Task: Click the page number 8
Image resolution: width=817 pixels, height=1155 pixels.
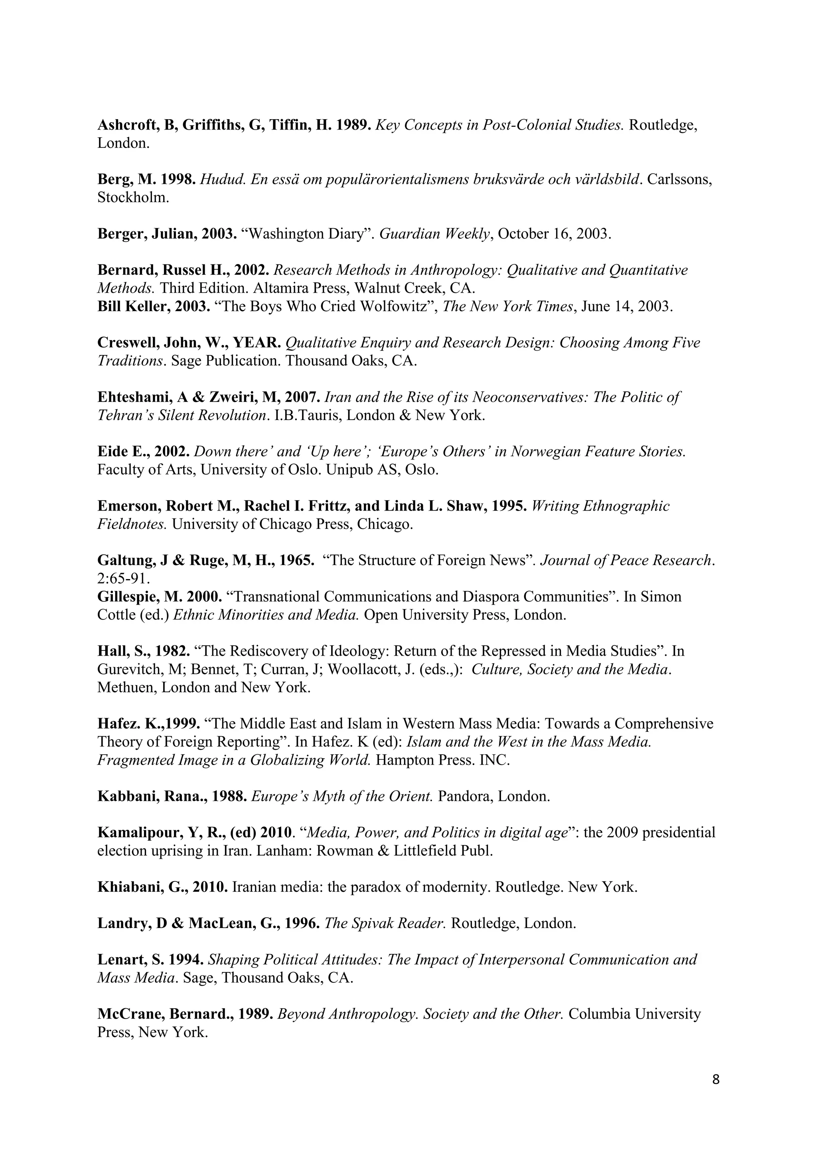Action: point(716,1080)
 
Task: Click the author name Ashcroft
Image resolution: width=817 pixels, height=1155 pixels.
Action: point(128,125)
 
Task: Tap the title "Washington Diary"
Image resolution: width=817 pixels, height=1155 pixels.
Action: point(308,234)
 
